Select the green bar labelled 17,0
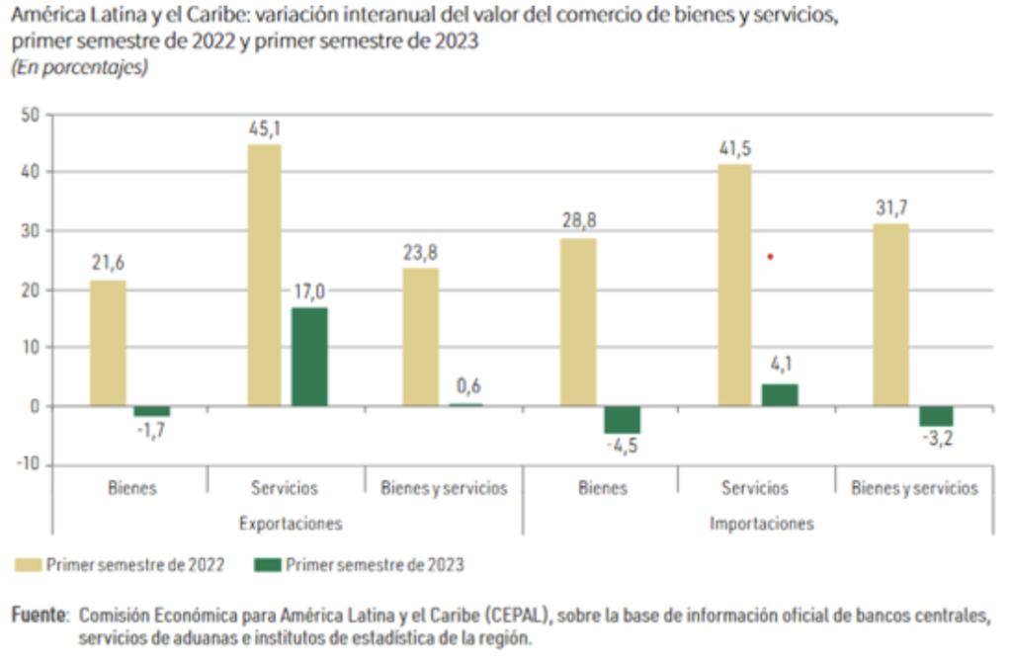click(x=309, y=357)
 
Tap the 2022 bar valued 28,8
click(x=578, y=322)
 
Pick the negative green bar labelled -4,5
click(x=623, y=420)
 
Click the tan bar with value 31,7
click(x=891, y=315)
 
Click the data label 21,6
click(x=108, y=264)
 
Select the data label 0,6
click(x=467, y=386)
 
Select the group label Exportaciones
click(x=290, y=523)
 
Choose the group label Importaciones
click(x=761, y=523)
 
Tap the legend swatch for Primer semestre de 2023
click(x=268, y=565)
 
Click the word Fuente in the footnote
click(x=39, y=616)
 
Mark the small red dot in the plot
click(x=770, y=257)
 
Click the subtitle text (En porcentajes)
click(x=79, y=68)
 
